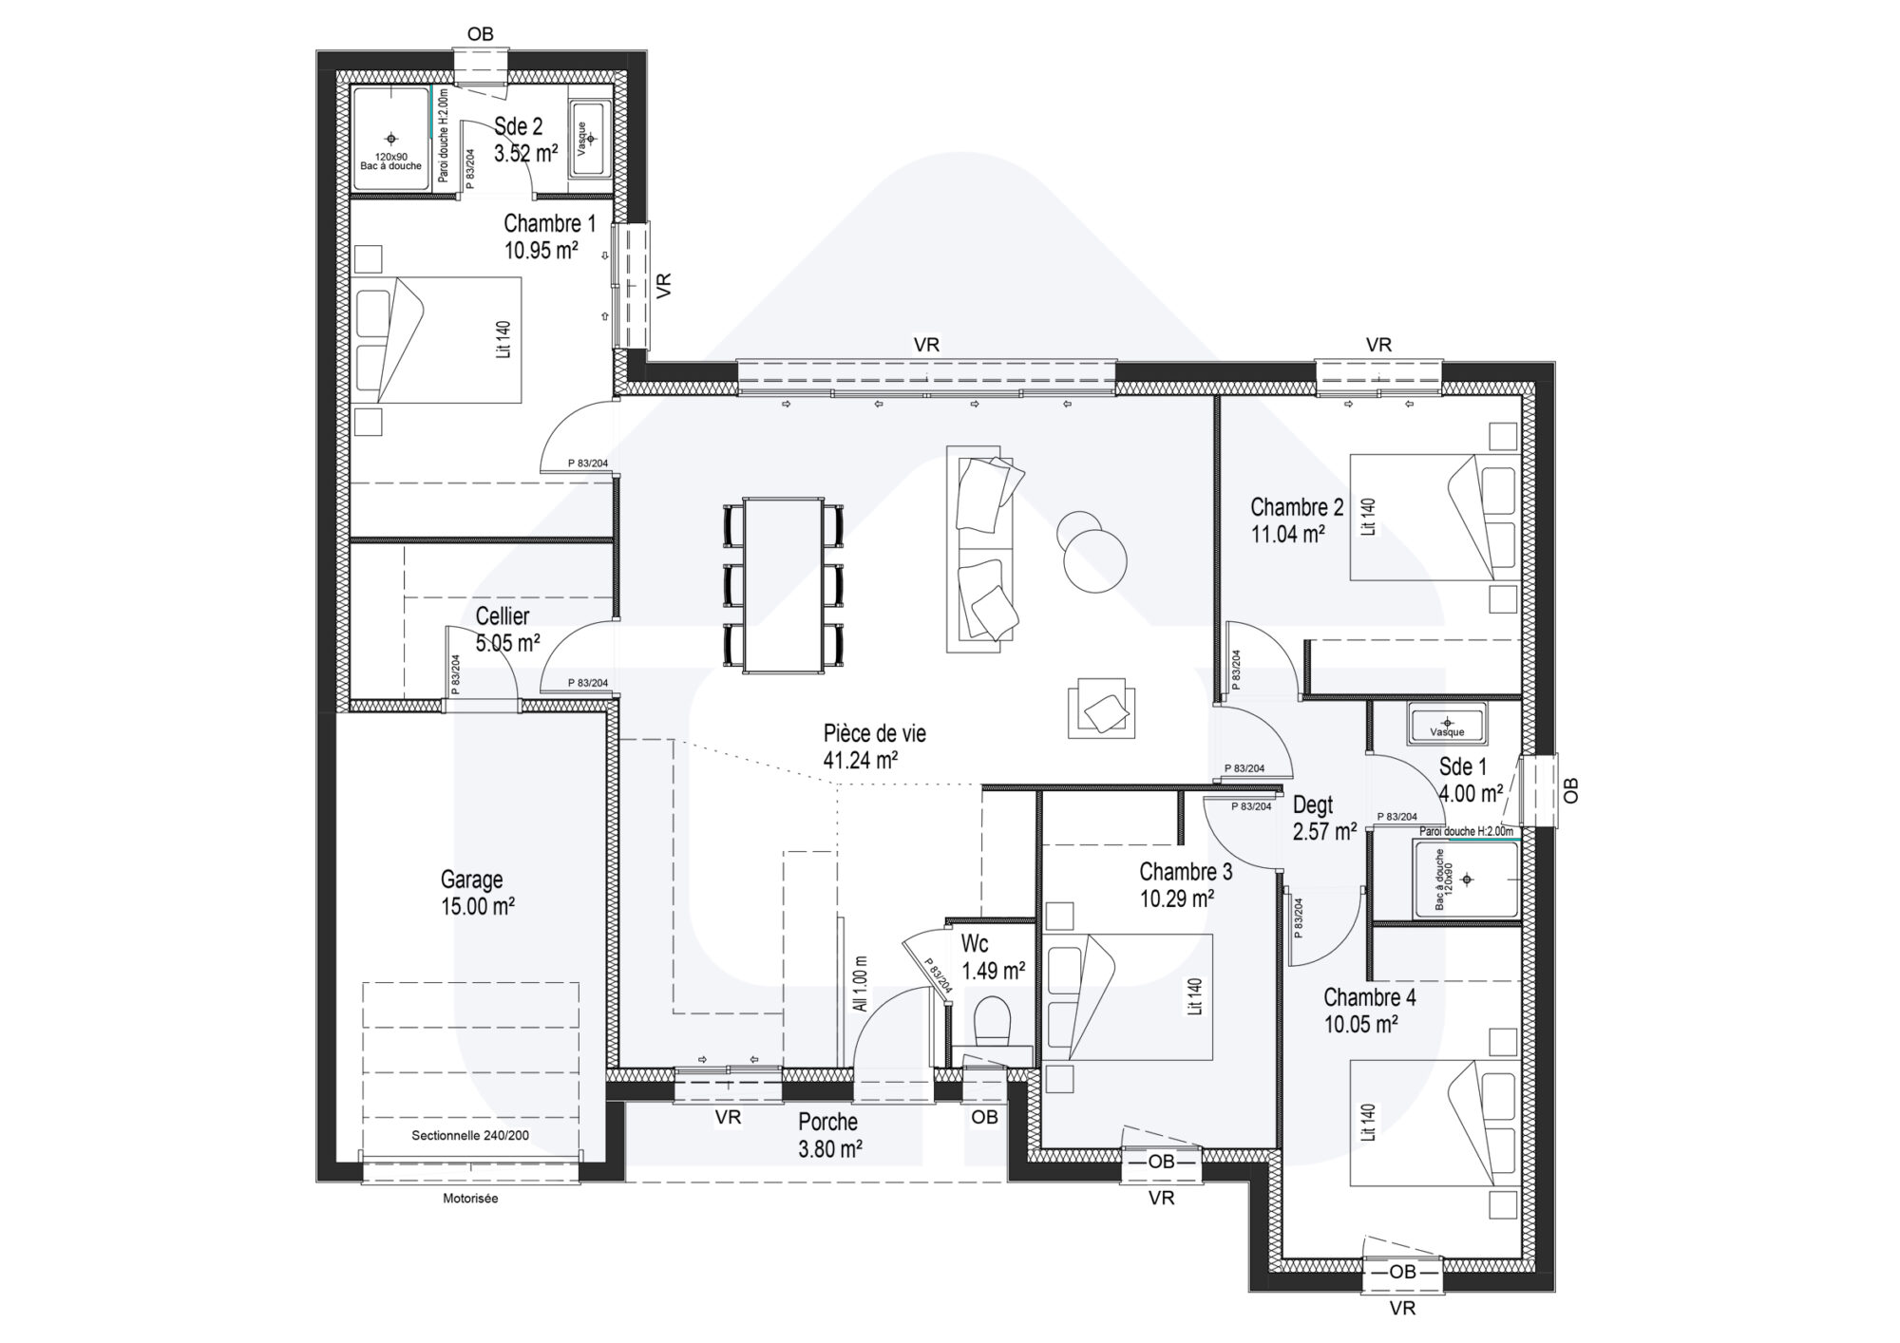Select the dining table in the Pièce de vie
coord(784,584)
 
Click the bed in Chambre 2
coord(1434,517)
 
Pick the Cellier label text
coord(503,615)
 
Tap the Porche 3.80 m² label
coord(829,1135)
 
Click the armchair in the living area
coord(1101,708)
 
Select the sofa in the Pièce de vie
coord(984,549)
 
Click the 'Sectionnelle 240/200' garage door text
coord(470,1135)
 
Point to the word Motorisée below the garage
coord(470,1199)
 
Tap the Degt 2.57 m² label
coord(1324,819)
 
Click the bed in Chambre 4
coord(1434,1124)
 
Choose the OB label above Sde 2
coord(481,35)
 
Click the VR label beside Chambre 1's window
coord(664,285)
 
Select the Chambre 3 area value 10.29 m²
coord(1177,898)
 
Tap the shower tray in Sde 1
coord(1467,880)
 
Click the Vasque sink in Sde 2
coord(591,138)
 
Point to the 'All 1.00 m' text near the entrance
coord(861,983)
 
